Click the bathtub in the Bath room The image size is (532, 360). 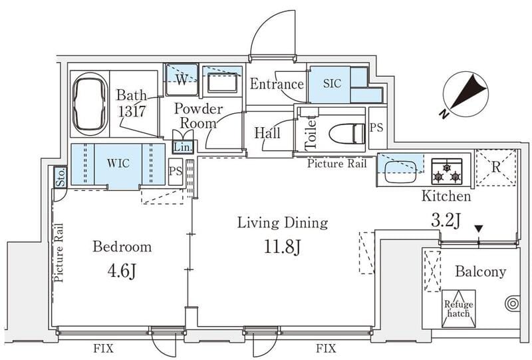tap(90, 104)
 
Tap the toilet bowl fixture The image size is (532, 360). tap(347, 134)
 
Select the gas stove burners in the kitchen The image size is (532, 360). tap(447, 172)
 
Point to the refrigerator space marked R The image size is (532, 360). tap(495, 168)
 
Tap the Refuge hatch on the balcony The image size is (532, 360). tap(458, 308)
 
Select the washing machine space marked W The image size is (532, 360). tap(182, 79)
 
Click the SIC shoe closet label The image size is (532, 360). tap(332, 83)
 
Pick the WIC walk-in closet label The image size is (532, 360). tap(118, 163)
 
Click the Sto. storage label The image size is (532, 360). tap(61, 178)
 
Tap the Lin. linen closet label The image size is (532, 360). tap(184, 148)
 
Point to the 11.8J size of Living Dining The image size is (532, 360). tap(283, 248)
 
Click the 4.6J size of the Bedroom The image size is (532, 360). tap(122, 271)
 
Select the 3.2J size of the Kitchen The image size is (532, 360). tap(446, 221)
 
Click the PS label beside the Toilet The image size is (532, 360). tap(376, 128)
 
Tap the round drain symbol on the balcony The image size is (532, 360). tap(512, 303)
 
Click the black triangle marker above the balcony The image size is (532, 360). tap(478, 230)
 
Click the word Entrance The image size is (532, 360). tap(277, 84)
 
